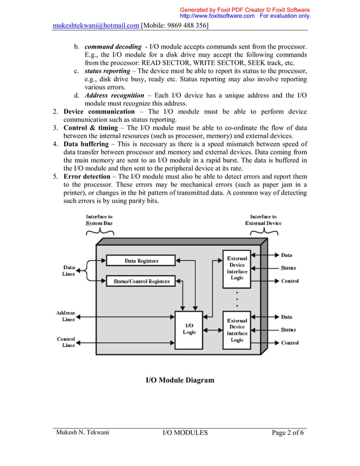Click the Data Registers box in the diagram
tap(141, 261)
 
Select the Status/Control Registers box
tap(141, 281)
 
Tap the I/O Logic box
tap(190, 329)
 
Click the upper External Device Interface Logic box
tap(237, 268)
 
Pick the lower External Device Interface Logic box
tap(237, 330)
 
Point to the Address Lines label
tap(65, 316)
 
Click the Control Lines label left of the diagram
tap(66, 342)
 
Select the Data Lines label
tap(68, 270)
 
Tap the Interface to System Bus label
tap(99, 219)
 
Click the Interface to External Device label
tap(263, 219)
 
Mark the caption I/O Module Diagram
tap(180, 380)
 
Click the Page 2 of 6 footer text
tap(288, 433)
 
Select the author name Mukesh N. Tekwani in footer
tap(82, 433)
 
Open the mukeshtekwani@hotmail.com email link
tap(96, 26)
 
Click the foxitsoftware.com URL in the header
tap(216, 16)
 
